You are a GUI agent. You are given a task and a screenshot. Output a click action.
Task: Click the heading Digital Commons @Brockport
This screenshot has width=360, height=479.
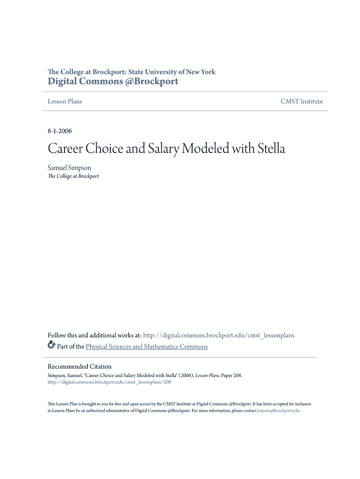click(113, 81)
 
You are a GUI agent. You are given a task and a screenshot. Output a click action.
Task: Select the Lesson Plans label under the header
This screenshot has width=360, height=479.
click(65, 102)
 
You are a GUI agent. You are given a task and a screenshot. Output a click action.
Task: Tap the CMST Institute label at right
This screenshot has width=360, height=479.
click(302, 102)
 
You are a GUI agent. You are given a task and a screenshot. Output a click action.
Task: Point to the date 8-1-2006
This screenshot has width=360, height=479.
click(59, 131)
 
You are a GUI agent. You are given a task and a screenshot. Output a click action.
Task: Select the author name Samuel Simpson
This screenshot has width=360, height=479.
click(69, 167)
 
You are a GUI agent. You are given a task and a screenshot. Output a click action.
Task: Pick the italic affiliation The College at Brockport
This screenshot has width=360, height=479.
click(73, 176)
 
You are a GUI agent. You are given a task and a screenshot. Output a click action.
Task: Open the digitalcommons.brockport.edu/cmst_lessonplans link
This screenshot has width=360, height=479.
click(218, 335)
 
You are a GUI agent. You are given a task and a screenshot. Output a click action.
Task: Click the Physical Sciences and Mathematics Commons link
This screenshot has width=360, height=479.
click(146, 347)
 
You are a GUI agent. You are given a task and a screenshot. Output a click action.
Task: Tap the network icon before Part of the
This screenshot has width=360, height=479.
click(51, 346)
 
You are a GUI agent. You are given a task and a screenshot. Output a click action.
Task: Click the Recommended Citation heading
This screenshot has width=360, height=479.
click(79, 367)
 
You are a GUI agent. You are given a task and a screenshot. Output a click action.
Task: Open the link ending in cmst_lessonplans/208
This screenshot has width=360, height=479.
click(109, 382)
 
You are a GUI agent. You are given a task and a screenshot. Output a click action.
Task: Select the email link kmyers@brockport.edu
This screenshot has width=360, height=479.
click(279, 411)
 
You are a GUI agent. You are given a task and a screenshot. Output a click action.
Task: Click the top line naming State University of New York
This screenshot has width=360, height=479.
click(131, 72)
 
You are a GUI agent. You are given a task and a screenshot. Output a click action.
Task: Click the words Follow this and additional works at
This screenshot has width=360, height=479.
click(94, 335)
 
